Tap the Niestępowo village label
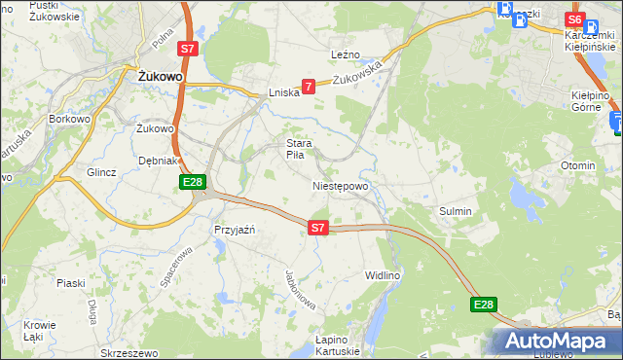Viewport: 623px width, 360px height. pos(341,186)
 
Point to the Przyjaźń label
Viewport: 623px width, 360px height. pos(234,230)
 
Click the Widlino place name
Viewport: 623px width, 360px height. pos(383,275)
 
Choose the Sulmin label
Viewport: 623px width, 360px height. pos(456,210)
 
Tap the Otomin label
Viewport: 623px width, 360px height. pos(578,165)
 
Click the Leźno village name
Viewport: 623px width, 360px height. pos(346,54)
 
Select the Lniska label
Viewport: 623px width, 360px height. pos(282,93)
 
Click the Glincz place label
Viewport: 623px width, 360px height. pos(101,172)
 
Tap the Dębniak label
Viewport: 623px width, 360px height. pos(157,161)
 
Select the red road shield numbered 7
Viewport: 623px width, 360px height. pos(309,88)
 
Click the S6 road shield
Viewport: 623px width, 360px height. pos(574,19)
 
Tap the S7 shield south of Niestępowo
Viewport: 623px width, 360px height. pos(317,228)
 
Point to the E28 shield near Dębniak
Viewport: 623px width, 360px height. pos(192,182)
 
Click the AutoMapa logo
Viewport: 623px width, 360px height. pos(556,341)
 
